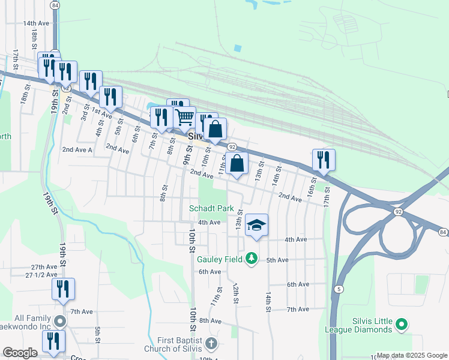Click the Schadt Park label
pyautogui.click(x=211, y=208)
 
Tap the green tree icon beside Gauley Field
pyautogui.click(x=252, y=259)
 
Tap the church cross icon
pyautogui.click(x=210, y=344)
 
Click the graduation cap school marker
pyautogui.click(x=256, y=225)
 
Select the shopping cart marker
pyautogui.click(x=184, y=117)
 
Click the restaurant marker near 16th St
pyautogui.click(x=324, y=160)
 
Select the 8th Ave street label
pyautogui.click(x=211, y=321)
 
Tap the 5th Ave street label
pyautogui.click(x=278, y=260)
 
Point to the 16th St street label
pyautogui.click(x=312, y=185)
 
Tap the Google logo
pyautogui.click(x=20, y=353)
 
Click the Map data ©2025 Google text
pyautogui.click(x=411, y=355)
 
